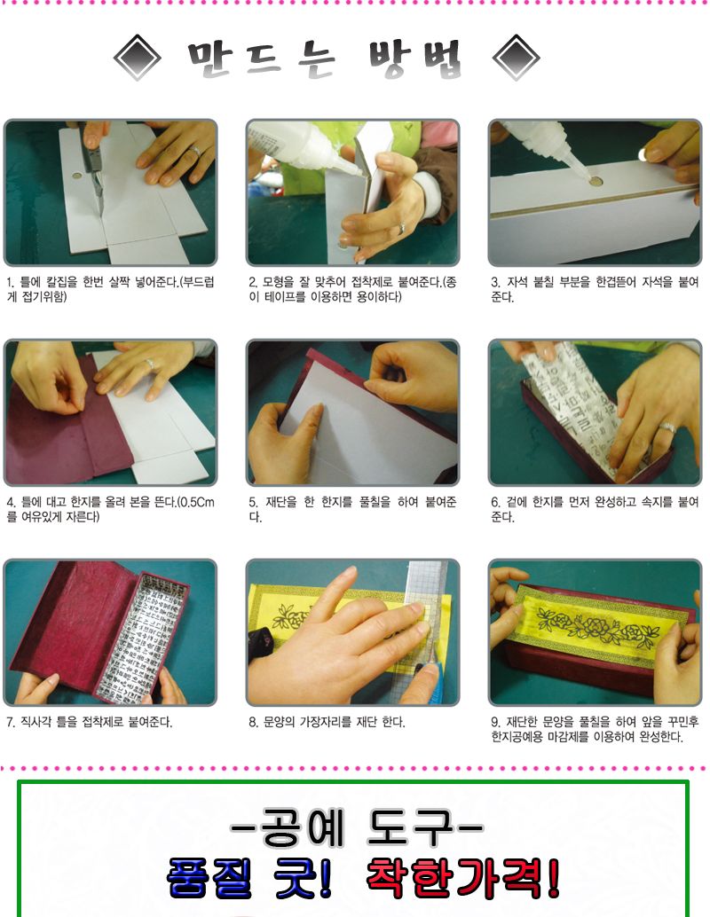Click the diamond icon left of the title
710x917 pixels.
(x=138, y=59)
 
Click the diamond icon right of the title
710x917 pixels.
(x=517, y=59)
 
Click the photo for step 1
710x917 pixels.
(x=110, y=192)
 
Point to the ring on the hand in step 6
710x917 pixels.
(x=668, y=428)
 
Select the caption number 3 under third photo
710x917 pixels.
(x=495, y=282)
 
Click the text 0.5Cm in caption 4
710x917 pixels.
(x=194, y=502)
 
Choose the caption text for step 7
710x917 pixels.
(x=89, y=722)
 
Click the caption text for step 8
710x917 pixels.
(x=327, y=722)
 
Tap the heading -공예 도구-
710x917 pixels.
(x=356, y=831)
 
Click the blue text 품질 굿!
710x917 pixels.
(x=249, y=877)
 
